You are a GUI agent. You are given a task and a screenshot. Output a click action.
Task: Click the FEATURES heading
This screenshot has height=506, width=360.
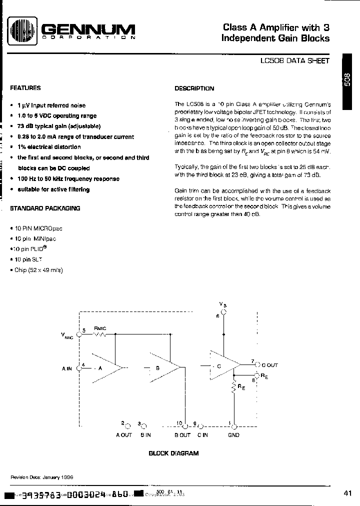(25, 88)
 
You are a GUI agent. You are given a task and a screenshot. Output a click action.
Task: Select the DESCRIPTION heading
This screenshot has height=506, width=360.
(194, 88)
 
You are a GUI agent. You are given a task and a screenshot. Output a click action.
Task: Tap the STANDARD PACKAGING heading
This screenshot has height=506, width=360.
(44, 208)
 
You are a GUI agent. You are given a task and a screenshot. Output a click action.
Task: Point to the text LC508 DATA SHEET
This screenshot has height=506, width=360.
(294, 60)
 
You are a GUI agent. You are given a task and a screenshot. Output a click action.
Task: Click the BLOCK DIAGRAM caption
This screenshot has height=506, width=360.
(173, 453)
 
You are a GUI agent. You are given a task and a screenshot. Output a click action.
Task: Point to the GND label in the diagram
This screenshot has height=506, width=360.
(233, 435)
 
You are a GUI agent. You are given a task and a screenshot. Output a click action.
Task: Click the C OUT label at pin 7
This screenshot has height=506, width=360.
(269, 365)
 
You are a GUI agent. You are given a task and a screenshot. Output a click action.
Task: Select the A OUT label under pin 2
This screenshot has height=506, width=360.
(123, 435)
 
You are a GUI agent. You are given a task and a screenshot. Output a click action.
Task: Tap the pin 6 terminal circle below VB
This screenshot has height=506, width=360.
(223, 311)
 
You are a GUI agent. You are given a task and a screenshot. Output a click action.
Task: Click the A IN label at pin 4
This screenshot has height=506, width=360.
(67, 368)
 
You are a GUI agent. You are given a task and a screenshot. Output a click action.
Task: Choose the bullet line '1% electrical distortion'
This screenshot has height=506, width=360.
(48, 147)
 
